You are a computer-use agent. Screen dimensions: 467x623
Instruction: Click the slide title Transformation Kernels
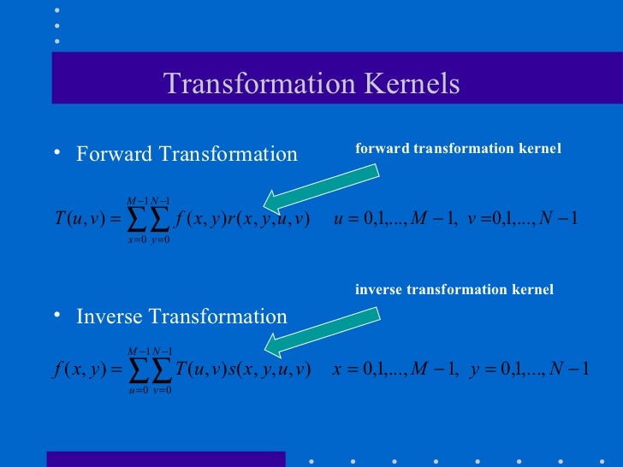(x=311, y=84)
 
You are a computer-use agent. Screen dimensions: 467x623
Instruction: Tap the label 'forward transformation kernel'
(x=458, y=149)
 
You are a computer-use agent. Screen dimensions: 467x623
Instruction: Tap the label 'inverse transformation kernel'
(x=454, y=290)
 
